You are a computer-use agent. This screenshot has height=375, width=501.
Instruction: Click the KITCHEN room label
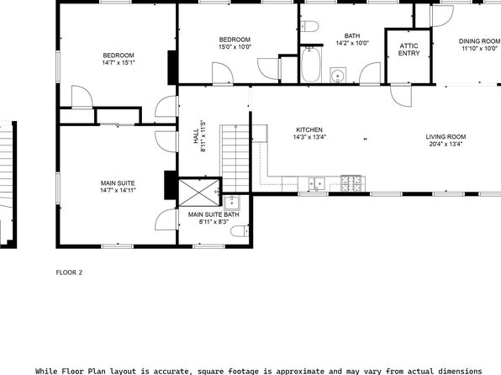click(309, 129)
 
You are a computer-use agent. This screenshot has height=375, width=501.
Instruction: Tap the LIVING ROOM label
click(446, 137)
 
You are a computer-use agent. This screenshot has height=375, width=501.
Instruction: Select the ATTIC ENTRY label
click(409, 50)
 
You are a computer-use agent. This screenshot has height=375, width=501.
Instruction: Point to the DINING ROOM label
click(480, 41)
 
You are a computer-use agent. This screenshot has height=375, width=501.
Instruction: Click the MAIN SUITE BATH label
click(214, 214)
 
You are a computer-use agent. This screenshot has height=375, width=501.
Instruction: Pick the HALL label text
click(196, 135)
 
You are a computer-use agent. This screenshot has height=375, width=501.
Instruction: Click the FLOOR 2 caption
click(69, 272)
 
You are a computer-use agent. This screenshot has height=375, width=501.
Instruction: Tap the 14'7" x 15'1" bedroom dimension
click(119, 63)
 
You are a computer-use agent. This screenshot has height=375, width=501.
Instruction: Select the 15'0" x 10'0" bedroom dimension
click(235, 47)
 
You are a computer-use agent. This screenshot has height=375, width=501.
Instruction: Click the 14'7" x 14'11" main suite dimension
click(118, 191)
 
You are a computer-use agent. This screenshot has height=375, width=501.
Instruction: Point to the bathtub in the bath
click(311, 65)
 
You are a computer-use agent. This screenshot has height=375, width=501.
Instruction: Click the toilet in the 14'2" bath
click(309, 26)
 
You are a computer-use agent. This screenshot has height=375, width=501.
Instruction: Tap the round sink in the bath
click(338, 76)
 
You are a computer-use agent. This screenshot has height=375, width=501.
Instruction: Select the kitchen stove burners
click(351, 183)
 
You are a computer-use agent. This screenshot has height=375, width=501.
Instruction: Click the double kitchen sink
click(316, 184)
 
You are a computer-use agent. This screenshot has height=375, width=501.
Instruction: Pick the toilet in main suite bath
click(240, 231)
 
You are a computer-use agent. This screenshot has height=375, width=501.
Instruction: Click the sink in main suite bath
click(232, 203)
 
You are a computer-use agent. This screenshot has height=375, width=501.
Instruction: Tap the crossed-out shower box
click(199, 193)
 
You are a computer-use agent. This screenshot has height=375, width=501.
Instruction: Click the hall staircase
click(235, 159)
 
